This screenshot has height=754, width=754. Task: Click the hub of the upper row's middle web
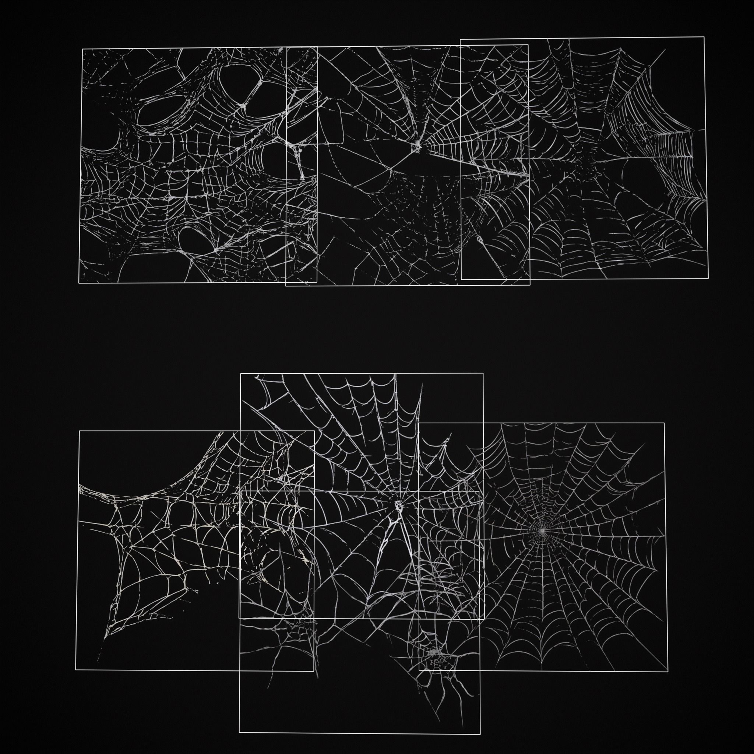(x=416, y=147)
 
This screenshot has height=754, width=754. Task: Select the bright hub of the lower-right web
(x=542, y=531)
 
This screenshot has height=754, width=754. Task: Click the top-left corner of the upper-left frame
(x=82, y=49)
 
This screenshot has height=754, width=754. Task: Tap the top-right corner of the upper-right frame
(x=704, y=37)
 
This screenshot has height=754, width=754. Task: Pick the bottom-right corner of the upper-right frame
(x=708, y=278)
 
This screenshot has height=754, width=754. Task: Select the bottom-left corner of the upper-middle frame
(x=286, y=286)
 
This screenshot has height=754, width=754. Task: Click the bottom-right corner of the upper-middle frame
(x=529, y=285)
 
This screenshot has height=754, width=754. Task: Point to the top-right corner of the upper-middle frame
(x=528, y=45)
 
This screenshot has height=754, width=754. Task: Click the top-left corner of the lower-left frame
(x=79, y=431)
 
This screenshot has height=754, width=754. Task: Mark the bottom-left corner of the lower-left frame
(x=76, y=670)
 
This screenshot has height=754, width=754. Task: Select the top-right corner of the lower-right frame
(x=664, y=423)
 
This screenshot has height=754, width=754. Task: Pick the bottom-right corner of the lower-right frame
(x=667, y=671)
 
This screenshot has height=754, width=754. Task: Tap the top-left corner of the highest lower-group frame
(x=240, y=373)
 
